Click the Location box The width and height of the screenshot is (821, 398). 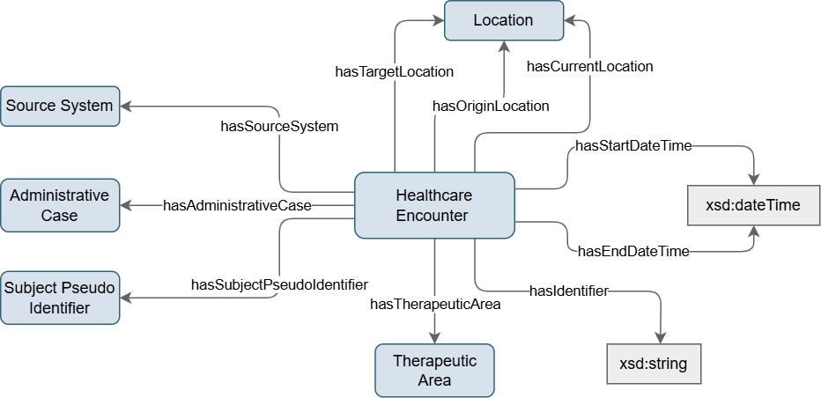click(x=503, y=19)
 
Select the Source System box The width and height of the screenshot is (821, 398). click(x=59, y=107)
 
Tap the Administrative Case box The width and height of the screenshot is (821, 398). click(x=59, y=205)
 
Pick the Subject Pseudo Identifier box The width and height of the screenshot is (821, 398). click(x=59, y=298)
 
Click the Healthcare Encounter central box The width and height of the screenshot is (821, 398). click(x=434, y=205)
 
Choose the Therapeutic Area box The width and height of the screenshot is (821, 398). click(x=434, y=370)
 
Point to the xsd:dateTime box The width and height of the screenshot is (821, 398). click(x=753, y=205)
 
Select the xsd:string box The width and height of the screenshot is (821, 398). click(x=654, y=363)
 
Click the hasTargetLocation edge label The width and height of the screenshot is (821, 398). click(x=395, y=71)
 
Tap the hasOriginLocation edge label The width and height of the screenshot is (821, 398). click(x=491, y=106)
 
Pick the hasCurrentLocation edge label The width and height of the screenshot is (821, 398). click(x=589, y=66)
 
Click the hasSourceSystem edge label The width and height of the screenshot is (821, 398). click(x=278, y=127)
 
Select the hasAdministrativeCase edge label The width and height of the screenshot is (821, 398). click(x=238, y=205)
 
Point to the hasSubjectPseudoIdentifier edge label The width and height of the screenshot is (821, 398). click(x=279, y=284)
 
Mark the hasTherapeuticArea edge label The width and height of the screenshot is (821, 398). click(x=435, y=305)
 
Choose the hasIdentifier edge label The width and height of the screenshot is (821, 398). click(x=568, y=291)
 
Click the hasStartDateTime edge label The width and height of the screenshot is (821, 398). click(x=633, y=145)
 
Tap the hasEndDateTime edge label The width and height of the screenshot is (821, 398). click(x=632, y=252)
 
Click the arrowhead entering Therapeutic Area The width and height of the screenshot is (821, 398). click(x=434, y=337)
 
